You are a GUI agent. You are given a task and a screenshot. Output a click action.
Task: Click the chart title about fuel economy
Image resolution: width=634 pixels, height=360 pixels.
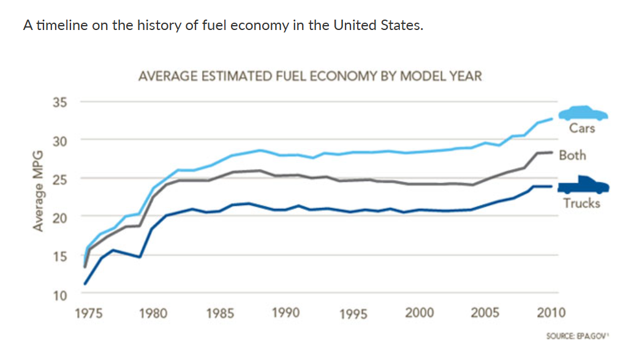tap(310, 76)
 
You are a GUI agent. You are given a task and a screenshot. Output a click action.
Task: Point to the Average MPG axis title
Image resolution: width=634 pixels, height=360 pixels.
tap(38, 191)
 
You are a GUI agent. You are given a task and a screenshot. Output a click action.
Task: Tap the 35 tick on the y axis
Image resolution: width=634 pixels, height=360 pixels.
tap(60, 102)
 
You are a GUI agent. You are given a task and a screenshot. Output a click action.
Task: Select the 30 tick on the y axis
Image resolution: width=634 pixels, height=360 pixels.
tap(60, 141)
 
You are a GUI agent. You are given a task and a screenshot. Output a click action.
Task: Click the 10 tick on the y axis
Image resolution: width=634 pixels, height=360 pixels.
tap(60, 295)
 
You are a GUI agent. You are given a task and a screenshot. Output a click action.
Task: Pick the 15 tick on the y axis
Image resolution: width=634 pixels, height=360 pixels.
tap(60, 256)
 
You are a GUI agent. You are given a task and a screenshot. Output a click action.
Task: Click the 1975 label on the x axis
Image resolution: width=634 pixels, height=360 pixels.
tap(89, 313)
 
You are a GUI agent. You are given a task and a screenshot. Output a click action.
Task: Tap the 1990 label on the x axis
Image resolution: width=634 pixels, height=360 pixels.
tap(286, 312)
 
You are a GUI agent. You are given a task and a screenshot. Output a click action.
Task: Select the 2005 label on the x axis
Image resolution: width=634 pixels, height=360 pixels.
tap(485, 312)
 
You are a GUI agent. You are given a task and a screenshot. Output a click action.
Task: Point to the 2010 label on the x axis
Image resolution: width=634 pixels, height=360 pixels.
tap(551, 312)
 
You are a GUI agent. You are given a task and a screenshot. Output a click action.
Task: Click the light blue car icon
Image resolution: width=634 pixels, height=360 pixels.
tap(583, 113)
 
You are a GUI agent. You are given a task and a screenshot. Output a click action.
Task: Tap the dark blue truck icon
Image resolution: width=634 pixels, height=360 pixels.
tap(583, 185)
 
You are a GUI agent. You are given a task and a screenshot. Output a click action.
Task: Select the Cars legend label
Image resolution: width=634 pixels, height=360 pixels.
tap(582, 128)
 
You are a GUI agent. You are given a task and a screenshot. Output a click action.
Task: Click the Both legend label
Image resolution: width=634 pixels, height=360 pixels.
tap(573, 155)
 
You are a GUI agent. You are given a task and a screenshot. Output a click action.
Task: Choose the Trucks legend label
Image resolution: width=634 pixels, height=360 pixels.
tap(582, 203)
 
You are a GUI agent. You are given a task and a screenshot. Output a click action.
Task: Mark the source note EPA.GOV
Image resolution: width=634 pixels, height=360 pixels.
tap(578, 336)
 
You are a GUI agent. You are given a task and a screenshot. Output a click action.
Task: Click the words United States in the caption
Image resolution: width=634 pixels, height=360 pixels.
tap(378, 25)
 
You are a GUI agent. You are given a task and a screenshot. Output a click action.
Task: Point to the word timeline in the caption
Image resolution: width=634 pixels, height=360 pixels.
tap(62, 25)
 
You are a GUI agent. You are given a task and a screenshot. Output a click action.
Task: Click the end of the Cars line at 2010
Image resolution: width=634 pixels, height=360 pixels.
tap(552, 119)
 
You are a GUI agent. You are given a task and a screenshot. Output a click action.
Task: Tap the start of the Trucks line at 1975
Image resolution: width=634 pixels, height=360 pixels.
tap(85, 283)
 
